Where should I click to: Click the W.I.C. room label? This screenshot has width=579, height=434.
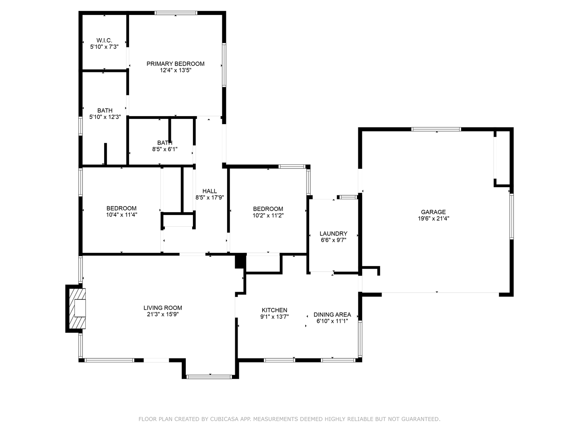[x=104, y=40]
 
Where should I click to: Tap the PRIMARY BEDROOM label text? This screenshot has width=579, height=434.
[x=175, y=63]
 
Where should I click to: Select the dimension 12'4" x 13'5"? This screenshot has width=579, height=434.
[x=175, y=70]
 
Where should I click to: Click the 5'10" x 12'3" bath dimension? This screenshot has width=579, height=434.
[x=105, y=117]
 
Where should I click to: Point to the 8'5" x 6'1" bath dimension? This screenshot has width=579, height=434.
[x=164, y=149]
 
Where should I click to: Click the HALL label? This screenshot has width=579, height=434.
[x=209, y=191]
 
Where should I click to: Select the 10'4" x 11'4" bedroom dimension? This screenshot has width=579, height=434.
[x=121, y=215]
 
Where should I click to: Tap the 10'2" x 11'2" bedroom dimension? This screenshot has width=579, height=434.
[x=268, y=215]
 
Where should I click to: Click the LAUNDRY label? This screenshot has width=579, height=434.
[x=333, y=233]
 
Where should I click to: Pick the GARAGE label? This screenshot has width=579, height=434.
[x=433, y=212]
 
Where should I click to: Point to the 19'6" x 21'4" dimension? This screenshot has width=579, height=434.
[x=433, y=219]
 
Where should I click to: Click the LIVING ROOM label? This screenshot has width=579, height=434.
[x=163, y=308]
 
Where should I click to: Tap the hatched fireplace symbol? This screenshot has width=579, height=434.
[x=76, y=309]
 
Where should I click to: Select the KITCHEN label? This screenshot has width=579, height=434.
[x=274, y=310]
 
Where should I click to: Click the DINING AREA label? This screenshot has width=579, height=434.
[x=332, y=314]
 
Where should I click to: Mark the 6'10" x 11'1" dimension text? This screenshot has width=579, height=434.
[x=332, y=321]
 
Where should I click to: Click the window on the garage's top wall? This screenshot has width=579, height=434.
[x=436, y=129]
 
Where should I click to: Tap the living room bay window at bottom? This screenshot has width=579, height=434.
[x=209, y=377]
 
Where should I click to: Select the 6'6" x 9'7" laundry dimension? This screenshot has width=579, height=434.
[x=333, y=240]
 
